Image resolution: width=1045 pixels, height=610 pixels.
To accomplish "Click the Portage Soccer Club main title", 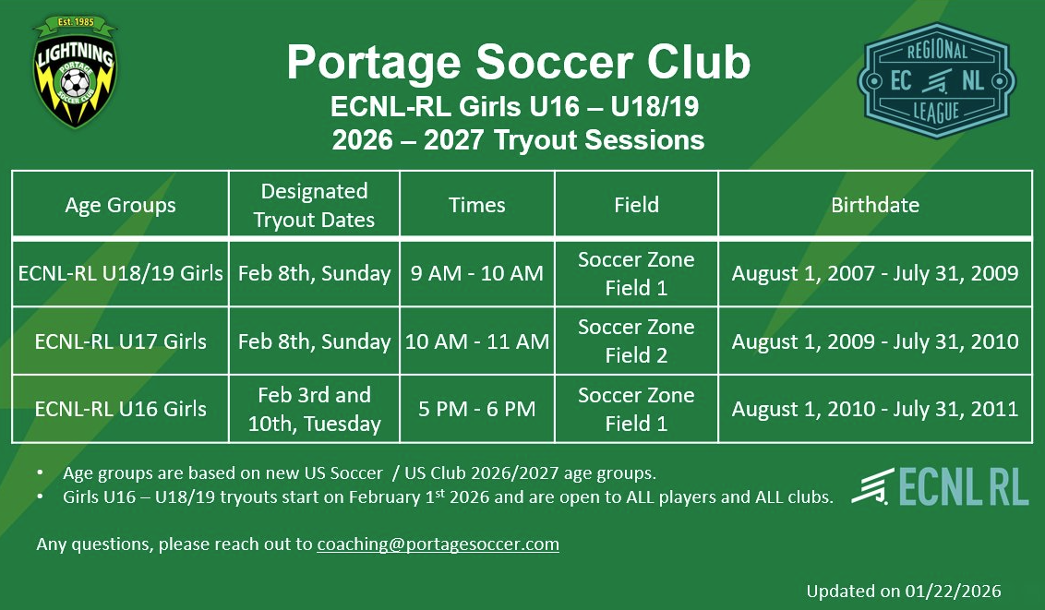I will [518, 63].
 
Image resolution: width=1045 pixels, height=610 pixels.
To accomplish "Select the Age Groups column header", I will [120, 205].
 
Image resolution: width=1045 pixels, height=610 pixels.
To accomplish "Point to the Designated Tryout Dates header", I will [314, 205].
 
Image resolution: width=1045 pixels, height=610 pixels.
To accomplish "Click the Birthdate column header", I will [874, 205].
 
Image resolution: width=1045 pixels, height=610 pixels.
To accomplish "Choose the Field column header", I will [636, 205].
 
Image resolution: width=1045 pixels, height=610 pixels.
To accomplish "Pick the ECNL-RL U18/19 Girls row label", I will [120, 273].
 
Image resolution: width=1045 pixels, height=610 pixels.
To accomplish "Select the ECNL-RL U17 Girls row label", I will [120, 341].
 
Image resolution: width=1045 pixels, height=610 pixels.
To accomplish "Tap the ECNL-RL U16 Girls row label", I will [120, 409].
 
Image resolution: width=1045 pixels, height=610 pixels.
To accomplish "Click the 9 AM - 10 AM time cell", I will [476, 273].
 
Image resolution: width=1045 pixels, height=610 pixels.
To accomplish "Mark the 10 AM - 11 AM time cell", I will [476, 341].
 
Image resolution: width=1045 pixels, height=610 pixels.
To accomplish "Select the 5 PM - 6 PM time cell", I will [476, 409].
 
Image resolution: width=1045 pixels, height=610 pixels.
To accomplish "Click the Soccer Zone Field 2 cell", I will [636, 341].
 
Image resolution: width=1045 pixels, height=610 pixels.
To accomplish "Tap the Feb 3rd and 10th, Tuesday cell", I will [314, 409].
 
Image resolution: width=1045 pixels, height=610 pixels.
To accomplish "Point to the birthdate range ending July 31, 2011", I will [874, 409].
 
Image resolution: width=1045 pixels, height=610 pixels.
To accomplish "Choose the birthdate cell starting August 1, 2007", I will [874, 273].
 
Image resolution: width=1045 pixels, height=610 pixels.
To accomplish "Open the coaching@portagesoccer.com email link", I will [438, 544].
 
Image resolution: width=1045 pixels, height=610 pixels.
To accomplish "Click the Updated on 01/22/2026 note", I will [903, 591].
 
